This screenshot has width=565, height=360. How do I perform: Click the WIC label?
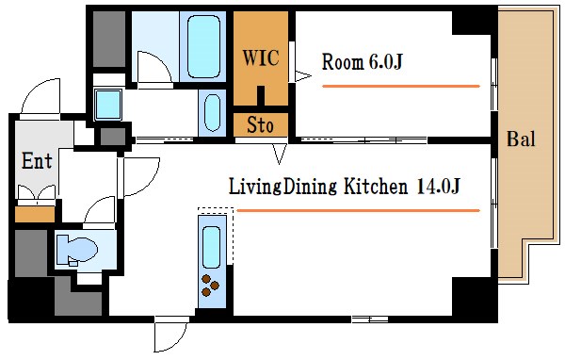tap(261, 57)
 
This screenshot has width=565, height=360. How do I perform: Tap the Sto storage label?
tap(260, 125)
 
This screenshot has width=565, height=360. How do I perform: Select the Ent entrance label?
tap(37, 160)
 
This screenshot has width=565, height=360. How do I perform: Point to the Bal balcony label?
tap(521, 139)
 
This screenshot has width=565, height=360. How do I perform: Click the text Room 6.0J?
tap(362, 61)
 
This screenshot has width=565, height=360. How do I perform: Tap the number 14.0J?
tap(438, 187)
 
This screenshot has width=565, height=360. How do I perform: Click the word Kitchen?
tap(376, 187)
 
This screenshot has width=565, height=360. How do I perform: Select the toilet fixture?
tap(77, 249)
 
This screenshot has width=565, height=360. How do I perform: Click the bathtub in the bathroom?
tap(203, 46)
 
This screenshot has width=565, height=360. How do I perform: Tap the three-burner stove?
tap(210, 286)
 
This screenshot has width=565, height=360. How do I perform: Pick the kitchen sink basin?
tap(212, 247)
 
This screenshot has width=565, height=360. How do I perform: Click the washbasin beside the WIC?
tap(212, 113)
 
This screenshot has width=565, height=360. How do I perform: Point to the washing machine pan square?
tap(107, 105)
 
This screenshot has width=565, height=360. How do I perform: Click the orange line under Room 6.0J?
tap(401, 86)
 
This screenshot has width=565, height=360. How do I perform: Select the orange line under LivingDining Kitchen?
tap(358, 210)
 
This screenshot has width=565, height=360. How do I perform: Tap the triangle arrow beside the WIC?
tap(303, 76)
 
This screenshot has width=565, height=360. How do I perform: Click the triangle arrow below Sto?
tap(280, 154)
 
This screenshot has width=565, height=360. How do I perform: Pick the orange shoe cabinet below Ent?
tap(35, 214)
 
